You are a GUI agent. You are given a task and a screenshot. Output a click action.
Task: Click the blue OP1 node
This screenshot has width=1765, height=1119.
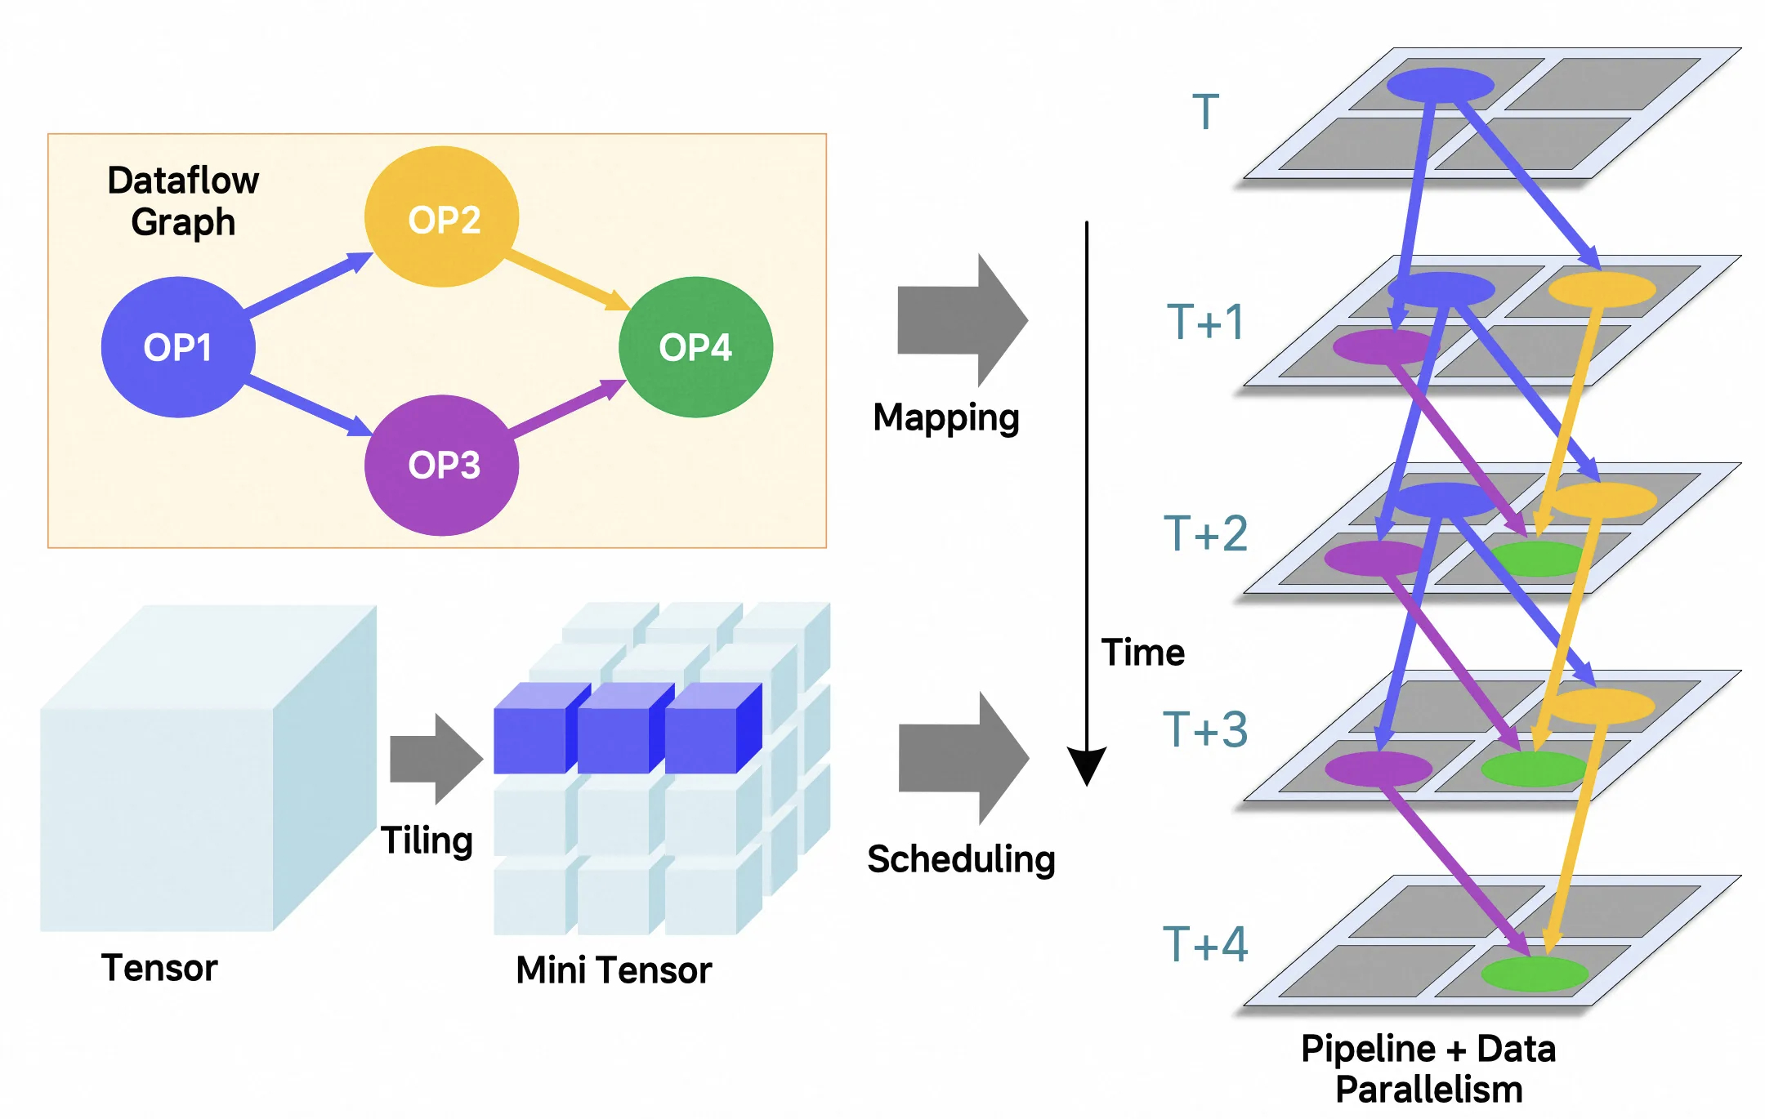pos(177,347)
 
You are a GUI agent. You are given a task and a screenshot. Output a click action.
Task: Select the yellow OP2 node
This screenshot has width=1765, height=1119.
pos(442,217)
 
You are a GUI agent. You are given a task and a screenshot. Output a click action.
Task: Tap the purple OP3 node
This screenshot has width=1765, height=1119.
pos(442,466)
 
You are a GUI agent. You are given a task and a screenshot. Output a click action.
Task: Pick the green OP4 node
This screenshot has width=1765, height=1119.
pos(695,347)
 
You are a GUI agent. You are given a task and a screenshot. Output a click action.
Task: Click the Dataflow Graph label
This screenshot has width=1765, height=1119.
pos(183,201)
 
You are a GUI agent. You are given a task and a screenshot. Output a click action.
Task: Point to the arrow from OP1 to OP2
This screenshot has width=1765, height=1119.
pos(307,285)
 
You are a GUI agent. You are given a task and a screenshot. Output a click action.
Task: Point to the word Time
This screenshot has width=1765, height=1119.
pos(1142,653)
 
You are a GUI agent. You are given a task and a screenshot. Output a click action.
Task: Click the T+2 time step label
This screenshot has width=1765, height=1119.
pos(1205,533)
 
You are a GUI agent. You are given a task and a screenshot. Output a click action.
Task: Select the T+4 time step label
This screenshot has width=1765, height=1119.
pos(1205,944)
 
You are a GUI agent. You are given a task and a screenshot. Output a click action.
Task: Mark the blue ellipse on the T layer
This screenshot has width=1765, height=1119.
pos(1441,85)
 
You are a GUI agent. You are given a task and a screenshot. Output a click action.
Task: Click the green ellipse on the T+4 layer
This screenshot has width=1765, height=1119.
pos(1535,974)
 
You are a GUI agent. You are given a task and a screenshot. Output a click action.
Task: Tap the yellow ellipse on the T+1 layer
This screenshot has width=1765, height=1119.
pos(1602,289)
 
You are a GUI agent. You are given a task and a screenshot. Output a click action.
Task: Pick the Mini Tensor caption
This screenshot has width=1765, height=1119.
pos(614,970)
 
